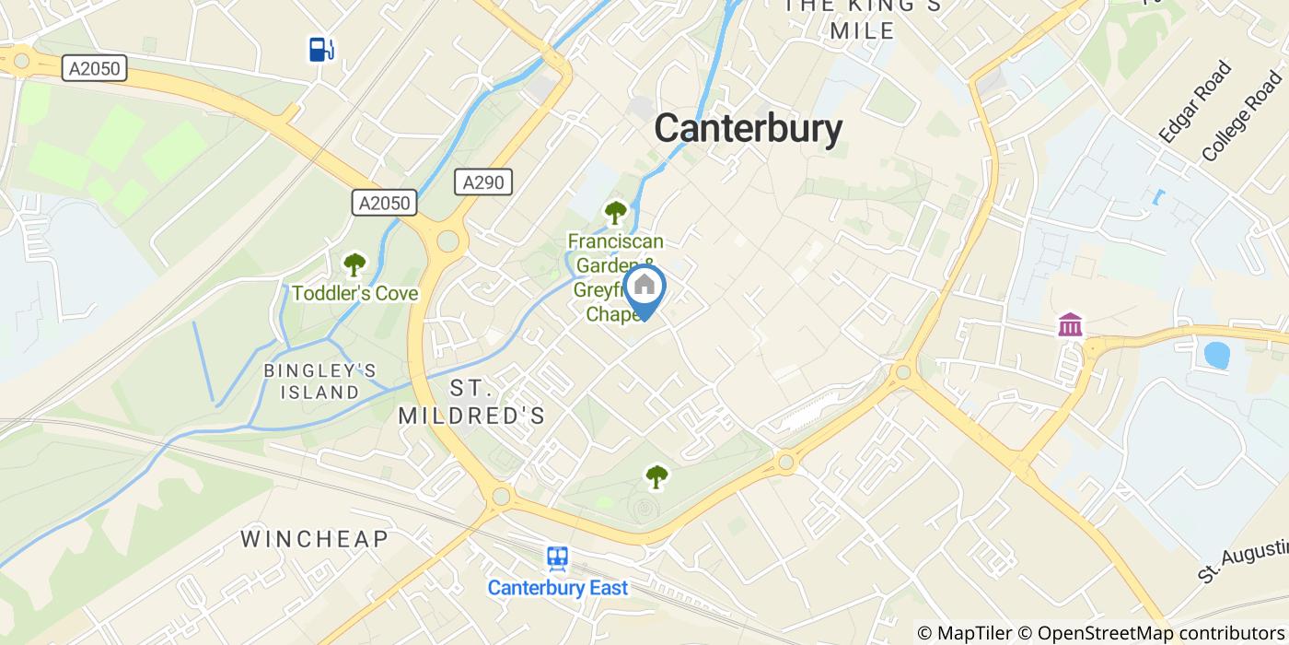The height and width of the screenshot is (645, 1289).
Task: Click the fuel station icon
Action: [319, 49]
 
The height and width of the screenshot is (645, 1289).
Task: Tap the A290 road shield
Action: [483, 182]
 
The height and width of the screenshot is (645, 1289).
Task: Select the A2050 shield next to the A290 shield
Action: [385, 203]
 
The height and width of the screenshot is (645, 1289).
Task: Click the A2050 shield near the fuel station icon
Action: [95, 67]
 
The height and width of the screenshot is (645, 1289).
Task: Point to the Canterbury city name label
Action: [748, 129]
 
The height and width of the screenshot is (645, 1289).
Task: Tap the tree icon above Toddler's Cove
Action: [354, 265]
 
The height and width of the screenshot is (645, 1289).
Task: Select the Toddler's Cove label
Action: [354, 294]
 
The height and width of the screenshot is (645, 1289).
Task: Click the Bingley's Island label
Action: [319, 381]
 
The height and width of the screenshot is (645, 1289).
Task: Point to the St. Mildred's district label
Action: [471, 403]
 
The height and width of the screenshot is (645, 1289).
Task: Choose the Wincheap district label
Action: [314, 539]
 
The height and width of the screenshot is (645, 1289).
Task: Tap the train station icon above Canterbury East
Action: [557, 558]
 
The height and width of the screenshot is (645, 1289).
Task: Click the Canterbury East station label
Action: [557, 588]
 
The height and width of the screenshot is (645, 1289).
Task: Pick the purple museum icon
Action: [1070, 324]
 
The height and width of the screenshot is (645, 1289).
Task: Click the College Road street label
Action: [1242, 115]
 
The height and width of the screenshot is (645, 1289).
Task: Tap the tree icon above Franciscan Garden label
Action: [615, 213]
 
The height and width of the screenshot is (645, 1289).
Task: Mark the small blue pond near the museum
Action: [1216, 355]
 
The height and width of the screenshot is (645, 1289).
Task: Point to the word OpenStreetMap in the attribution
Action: [1098, 633]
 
